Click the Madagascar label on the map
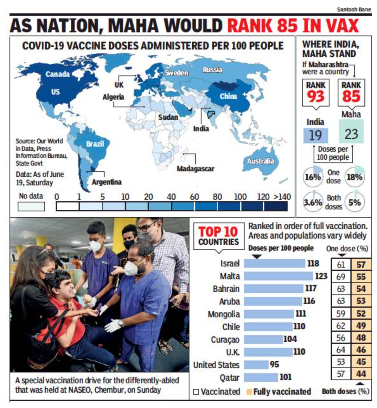pyautogui.click(x=195, y=168)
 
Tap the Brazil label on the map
pyautogui.click(x=95, y=144)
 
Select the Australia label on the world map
pyautogui.click(x=261, y=161)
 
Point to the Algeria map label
pyautogui.click(x=113, y=97)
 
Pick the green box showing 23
pyautogui.click(x=351, y=134)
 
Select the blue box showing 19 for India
pyautogui.click(x=316, y=135)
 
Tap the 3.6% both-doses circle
pyautogui.click(x=313, y=202)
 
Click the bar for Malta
pyautogui.click(x=278, y=276)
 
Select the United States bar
pyautogui.click(x=256, y=365)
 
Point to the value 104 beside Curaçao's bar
pyautogui.click(x=290, y=339)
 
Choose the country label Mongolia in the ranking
pyautogui.click(x=224, y=314)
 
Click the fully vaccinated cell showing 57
pyautogui.click(x=361, y=264)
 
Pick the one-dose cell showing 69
pyautogui.click(x=341, y=277)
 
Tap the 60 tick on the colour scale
pyautogui.click(x=194, y=197)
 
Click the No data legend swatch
pyautogui.click(x=31, y=207)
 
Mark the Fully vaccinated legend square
pyautogui.click(x=249, y=392)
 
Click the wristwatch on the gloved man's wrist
pyautogui.click(x=120, y=323)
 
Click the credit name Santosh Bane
pyautogui.click(x=354, y=10)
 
